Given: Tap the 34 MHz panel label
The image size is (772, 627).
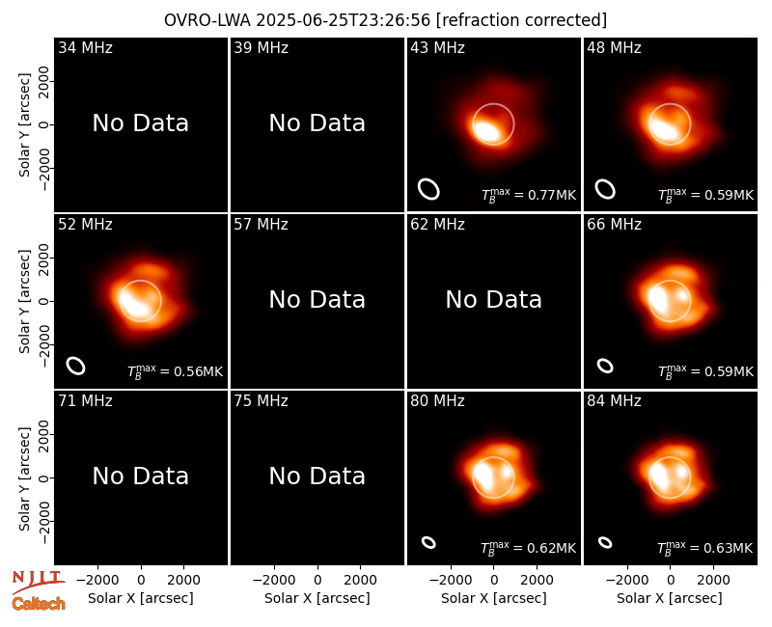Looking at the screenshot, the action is [85, 47].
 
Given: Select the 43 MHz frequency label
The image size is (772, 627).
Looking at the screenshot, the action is [438, 47].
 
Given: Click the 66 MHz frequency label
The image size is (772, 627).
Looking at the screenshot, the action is [614, 225].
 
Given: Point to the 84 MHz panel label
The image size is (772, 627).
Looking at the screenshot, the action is [614, 401].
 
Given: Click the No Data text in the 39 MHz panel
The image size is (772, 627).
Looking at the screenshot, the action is [317, 123].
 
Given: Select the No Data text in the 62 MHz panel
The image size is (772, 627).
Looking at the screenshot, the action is [493, 300].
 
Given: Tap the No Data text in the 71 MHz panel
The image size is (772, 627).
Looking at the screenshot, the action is [140, 477].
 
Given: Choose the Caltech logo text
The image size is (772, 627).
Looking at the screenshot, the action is [39, 604].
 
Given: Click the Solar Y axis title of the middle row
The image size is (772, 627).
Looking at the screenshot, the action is [24, 301].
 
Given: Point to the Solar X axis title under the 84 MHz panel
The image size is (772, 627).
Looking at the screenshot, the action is [670, 598].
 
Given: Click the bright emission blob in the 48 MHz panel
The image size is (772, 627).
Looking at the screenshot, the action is [666, 128].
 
